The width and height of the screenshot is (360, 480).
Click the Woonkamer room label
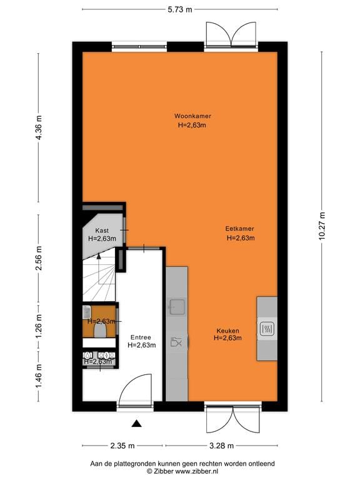192,116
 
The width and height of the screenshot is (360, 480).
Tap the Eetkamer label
239,229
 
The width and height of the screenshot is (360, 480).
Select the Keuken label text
227,331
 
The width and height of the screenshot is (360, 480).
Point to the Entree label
141,336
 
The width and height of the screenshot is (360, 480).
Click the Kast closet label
102,231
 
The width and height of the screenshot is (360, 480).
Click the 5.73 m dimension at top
179,9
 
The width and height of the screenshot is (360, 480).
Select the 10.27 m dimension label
322,226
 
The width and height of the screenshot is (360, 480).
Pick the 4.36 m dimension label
38,129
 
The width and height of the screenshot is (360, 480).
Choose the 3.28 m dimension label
221,446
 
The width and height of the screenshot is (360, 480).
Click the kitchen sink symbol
176,306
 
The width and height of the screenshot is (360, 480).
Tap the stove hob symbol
267,328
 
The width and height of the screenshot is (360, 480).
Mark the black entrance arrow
137,424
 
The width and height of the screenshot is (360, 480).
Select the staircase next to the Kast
98,275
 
